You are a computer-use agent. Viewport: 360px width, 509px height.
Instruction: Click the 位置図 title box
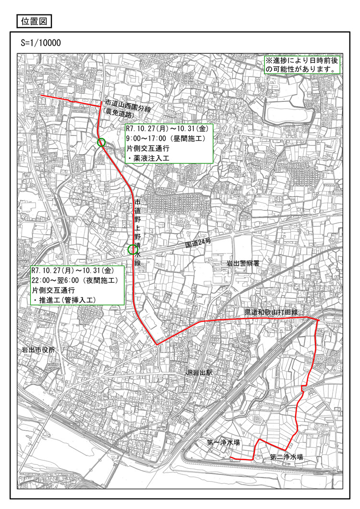[x=34, y=21]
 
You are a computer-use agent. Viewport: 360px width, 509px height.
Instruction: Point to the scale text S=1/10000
[x=41, y=42]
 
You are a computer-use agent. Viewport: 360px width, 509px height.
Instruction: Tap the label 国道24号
[x=198, y=244]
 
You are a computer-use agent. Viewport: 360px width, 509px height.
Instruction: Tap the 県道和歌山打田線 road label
[x=271, y=313]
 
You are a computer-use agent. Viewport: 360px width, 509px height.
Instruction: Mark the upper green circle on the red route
[x=101, y=142]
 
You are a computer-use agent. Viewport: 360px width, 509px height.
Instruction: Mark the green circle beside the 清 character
[x=132, y=249]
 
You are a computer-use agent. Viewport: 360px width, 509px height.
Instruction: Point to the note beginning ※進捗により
[x=302, y=65]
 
